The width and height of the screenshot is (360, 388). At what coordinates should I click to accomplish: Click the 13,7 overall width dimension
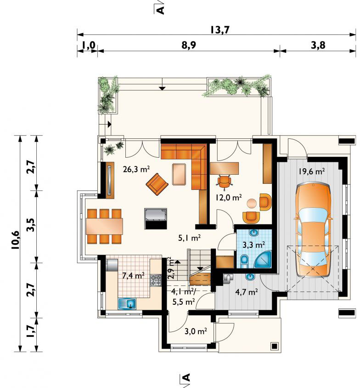pyautogui.click(x=219, y=30)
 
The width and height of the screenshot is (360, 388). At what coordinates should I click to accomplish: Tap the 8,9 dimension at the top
pyautogui.click(x=189, y=46)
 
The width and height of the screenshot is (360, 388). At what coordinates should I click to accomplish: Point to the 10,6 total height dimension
pyautogui.click(x=15, y=240)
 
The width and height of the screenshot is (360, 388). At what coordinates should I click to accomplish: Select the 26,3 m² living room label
pyautogui.click(x=136, y=169)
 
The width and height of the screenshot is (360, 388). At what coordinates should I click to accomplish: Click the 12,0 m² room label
pyautogui.click(x=228, y=197)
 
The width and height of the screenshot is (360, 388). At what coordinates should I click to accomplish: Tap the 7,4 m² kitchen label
pyautogui.click(x=134, y=275)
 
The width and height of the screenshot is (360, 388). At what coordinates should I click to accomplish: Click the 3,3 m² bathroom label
pyautogui.click(x=254, y=245)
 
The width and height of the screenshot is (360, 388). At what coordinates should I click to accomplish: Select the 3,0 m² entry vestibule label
pyautogui.click(x=196, y=331)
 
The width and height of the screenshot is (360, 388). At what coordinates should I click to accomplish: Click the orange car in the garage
pyautogui.click(x=313, y=230)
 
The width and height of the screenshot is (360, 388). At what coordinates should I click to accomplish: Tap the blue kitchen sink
pyautogui.click(x=127, y=303)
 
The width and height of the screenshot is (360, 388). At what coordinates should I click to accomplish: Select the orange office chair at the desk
pyautogui.click(x=225, y=182)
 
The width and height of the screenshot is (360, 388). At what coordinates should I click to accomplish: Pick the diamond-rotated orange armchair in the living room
pyautogui.click(x=157, y=184)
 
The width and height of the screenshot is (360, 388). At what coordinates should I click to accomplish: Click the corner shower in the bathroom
pyautogui.click(x=263, y=259)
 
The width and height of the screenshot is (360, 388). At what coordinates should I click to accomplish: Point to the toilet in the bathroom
pyautogui.click(x=244, y=261)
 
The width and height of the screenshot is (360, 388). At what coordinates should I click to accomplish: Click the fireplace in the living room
pyautogui.click(x=155, y=218)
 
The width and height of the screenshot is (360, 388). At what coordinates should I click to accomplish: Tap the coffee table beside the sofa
pyautogui.click(x=179, y=174)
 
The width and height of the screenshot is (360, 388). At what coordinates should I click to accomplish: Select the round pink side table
pyautogui.click(x=252, y=204)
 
